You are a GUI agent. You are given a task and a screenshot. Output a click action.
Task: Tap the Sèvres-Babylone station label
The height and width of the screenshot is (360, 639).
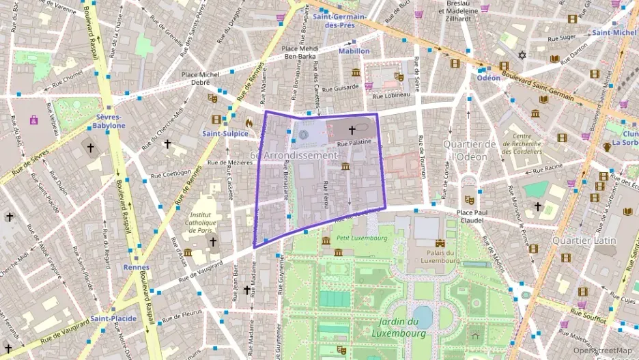(x=109, y=121)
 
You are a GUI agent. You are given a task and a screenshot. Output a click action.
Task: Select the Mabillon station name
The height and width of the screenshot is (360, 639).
(x=354, y=51)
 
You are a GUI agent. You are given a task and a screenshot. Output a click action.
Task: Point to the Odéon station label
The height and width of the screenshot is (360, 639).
(x=488, y=78)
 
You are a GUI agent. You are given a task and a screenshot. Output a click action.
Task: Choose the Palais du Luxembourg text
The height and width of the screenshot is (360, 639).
(x=440, y=255)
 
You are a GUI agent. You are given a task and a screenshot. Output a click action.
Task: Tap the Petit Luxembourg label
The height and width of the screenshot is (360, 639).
(x=361, y=238)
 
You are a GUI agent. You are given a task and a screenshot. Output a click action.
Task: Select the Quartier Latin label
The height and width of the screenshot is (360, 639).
(x=584, y=240)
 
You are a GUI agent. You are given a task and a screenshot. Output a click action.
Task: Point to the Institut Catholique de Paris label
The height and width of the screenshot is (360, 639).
(x=203, y=222)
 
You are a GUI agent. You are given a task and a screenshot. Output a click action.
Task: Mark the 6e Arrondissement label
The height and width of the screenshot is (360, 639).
(x=294, y=155)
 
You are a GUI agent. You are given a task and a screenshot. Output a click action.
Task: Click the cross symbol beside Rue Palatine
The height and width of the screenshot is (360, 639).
(x=352, y=129)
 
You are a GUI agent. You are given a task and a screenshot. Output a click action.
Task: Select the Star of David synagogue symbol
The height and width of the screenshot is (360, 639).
(x=522, y=55)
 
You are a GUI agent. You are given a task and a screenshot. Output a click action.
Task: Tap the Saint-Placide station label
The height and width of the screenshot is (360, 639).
(x=113, y=318)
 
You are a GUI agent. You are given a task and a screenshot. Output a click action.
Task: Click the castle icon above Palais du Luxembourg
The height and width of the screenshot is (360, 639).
(x=440, y=243)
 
